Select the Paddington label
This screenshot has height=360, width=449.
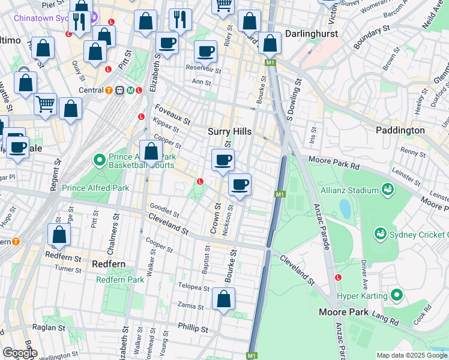pos(400,130)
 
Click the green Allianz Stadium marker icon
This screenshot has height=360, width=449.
pos(388,190)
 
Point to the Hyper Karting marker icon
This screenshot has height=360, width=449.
pos(396,295)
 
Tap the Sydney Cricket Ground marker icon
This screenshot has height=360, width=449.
pos(379,232)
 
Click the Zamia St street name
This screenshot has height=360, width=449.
pos(191,306)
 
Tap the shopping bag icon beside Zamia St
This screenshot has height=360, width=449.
pos(223,298)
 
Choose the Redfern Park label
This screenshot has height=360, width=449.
pos(120,280)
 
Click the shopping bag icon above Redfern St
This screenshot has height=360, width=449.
pos(59,234)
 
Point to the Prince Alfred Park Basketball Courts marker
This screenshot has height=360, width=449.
pos(100,160)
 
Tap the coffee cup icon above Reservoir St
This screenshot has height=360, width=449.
pos(206,52)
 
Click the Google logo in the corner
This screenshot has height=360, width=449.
pos(19,353)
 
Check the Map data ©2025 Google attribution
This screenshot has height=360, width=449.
pos(412,355)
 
